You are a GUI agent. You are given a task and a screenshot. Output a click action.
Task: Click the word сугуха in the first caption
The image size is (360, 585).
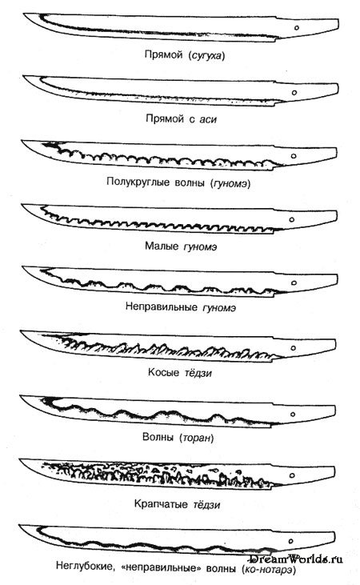pos(206,56)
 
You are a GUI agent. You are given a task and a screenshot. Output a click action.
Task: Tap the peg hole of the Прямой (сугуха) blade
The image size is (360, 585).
pos(297,28)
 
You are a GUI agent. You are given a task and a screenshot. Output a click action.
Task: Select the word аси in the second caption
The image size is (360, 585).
pos(208,119)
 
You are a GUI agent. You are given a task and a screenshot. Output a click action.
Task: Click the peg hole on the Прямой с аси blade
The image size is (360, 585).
pos(294,93)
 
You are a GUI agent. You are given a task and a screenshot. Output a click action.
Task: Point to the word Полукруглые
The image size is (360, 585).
pos(138,182)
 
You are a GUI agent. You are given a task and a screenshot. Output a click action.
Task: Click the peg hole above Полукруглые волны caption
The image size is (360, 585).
pos(294,156)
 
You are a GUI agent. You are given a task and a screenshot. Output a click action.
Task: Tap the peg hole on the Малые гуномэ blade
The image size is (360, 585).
pos(292,220)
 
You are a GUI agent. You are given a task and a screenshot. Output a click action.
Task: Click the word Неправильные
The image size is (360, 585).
pos(162,307)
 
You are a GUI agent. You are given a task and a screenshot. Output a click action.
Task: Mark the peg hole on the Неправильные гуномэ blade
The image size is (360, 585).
pos(294,282)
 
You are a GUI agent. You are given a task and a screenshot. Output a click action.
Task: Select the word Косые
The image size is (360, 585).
pos(163,372)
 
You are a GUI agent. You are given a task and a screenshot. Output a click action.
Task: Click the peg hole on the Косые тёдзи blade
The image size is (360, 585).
pos(294,348)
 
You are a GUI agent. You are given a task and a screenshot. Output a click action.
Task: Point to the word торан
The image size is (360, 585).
pos(197,437)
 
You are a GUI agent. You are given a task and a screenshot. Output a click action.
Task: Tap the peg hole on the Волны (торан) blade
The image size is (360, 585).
pos(293,414)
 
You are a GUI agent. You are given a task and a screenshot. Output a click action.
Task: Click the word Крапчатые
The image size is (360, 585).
pos(161,504)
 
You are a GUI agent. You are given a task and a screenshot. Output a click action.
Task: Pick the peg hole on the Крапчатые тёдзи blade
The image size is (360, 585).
pos(293,475)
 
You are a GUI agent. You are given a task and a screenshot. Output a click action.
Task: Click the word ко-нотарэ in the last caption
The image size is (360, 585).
pos(268,569)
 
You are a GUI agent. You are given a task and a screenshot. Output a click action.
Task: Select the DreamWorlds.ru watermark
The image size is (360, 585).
pos(296,559)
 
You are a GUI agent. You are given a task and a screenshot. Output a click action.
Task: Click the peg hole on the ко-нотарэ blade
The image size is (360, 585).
pos(291,541)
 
